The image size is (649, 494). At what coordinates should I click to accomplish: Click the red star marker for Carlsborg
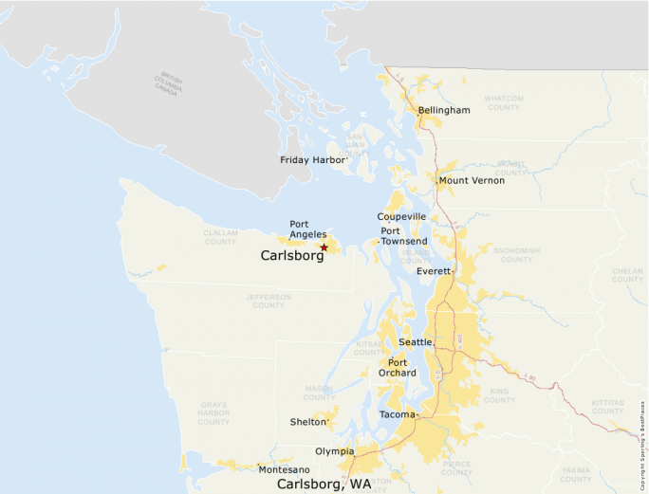(324, 247)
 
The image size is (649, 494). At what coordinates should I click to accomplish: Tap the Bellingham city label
(444, 111)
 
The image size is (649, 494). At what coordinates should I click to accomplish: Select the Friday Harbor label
(312, 160)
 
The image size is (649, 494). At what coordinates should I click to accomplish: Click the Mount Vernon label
(472, 180)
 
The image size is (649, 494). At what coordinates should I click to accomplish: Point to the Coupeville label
(402, 217)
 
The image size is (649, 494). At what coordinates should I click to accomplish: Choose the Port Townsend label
(403, 236)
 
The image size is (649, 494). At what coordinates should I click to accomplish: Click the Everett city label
(434, 271)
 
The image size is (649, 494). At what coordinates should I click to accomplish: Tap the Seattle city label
(415, 341)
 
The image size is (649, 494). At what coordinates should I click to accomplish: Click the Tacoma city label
(397, 415)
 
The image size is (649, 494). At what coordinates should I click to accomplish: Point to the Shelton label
(307, 422)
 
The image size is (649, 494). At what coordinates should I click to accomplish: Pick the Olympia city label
(335, 451)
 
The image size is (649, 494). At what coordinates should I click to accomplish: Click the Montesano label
(284, 469)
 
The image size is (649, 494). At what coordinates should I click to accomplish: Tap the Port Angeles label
(307, 229)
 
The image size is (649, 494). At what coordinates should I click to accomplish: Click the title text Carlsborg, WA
(324, 485)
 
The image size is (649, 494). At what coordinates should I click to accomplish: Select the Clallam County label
(220, 237)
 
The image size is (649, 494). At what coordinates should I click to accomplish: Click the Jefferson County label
(269, 302)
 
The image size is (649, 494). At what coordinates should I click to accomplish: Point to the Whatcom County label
(503, 102)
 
